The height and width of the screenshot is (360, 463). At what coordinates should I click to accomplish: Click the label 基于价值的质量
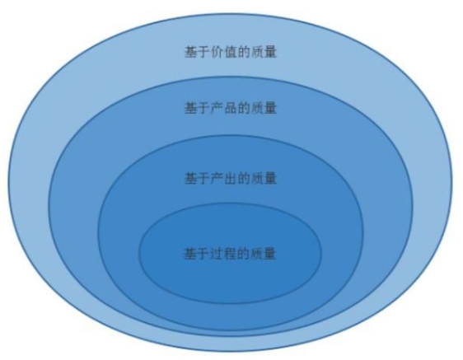point(231,52)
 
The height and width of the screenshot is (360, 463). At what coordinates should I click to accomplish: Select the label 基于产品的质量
point(231,108)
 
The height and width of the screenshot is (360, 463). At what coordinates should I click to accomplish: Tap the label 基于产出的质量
point(231,179)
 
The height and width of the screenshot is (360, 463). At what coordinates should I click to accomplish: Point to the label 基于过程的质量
point(230,254)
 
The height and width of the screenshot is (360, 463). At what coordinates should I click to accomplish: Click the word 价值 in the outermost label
point(224,52)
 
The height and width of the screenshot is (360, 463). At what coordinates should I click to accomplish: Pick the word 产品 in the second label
point(224,108)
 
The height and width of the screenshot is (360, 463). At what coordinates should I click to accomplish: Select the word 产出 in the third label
point(224,179)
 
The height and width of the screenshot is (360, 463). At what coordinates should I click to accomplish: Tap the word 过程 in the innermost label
point(223,254)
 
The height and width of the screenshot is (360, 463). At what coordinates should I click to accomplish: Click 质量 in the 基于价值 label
point(264,52)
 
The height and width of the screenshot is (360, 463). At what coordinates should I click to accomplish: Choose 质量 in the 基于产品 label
point(264,108)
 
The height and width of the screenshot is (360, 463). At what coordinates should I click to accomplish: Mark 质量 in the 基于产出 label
point(264,179)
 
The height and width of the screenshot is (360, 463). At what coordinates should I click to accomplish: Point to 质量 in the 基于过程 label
point(264,254)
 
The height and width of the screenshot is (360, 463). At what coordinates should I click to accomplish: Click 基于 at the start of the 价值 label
point(197,52)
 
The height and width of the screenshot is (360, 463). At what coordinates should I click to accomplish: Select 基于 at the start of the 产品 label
point(197,108)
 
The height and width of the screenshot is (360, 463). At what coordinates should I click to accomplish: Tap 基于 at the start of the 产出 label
point(197,179)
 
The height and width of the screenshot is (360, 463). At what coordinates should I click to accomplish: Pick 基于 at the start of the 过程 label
point(197,254)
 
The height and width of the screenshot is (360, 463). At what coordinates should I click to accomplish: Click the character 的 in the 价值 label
point(244,52)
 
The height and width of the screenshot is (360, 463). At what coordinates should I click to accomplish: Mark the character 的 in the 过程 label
point(244,254)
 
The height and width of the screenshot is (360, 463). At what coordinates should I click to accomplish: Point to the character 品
point(231,108)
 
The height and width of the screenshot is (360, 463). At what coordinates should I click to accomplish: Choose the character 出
point(231,179)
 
